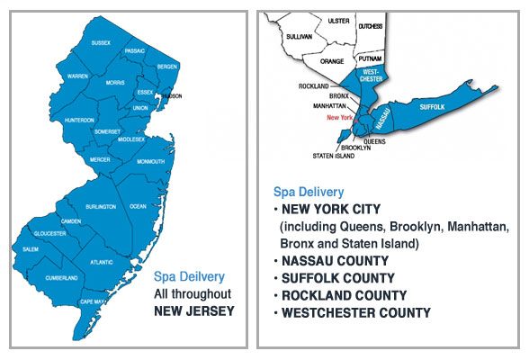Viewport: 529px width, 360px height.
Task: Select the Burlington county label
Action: pyautogui.click(x=101, y=207)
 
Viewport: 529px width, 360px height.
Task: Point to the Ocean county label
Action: pyautogui.click(x=138, y=206)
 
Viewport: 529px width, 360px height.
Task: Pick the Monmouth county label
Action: pyautogui.click(x=151, y=162)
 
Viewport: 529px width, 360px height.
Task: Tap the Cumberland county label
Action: pyautogui.click(x=62, y=278)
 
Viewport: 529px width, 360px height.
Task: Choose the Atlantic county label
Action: pyautogui.click(x=103, y=262)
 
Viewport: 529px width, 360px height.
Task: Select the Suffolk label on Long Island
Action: pyautogui.click(x=432, y=106)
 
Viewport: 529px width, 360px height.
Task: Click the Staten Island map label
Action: pyautogui.click(x=309, y=156)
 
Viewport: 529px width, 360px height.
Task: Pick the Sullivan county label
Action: pyautogui.click(x=299, y=37)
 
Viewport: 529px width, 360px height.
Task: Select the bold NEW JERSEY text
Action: pyautogui.click(x=194, y=310)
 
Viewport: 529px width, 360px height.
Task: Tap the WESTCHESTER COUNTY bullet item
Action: pyautogui.click(x=356, y=313)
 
